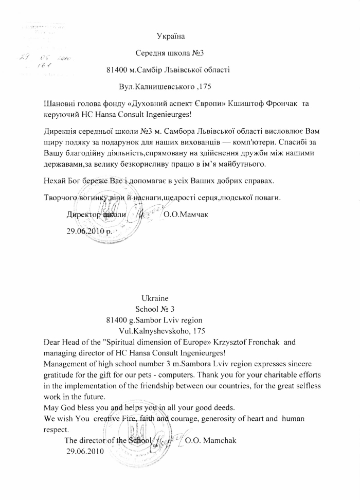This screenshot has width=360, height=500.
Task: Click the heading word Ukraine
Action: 154,298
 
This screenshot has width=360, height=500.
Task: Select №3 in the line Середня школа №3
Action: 199,52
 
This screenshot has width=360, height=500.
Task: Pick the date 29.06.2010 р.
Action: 89,231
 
